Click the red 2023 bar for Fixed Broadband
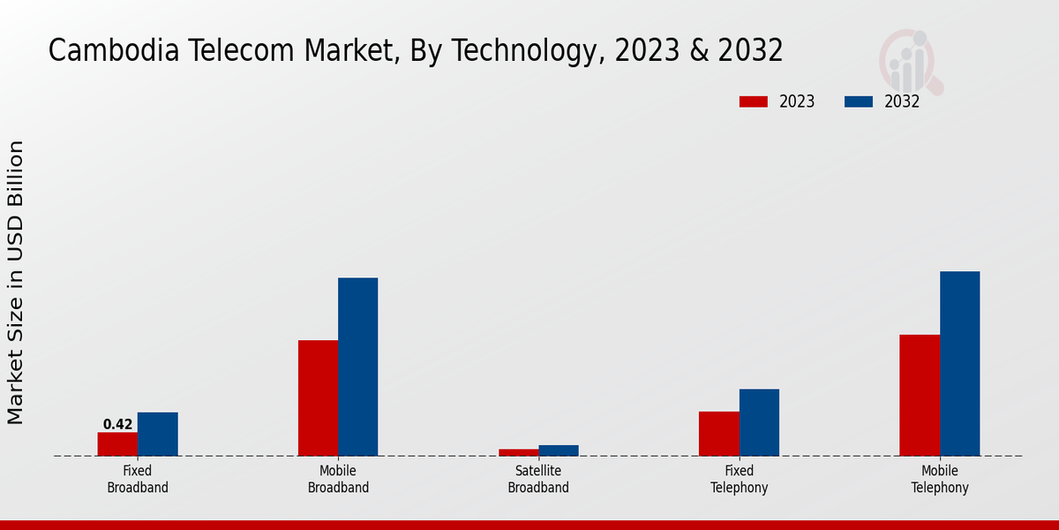[x=117, y=444]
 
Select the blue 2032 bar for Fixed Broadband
[x=157, y=434]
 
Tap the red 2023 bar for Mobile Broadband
[x=318, y=398]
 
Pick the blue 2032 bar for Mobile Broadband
[x=357, y=367]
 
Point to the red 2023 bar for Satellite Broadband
[x=518, y=452]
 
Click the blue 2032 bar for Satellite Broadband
[x=559, y=450]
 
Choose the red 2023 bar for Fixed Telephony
[x=718, y=434]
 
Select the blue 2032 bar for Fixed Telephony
[x=759, y=422]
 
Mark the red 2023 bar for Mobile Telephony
[x=920, y=395]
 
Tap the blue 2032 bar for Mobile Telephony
[x=959, y=363]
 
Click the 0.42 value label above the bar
[x=117, y=424]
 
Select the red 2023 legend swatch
[x=754, y=102]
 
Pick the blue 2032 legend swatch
[x=859, y=102]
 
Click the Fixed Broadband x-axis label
[x=138, y=480]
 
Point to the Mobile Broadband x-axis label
[x=338, y=480]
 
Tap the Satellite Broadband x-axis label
[x=538, y=480]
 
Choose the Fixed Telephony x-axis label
[x=739, y=480]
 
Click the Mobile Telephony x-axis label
[x=940, y=480]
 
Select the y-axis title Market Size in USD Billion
[x=16, y=283]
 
